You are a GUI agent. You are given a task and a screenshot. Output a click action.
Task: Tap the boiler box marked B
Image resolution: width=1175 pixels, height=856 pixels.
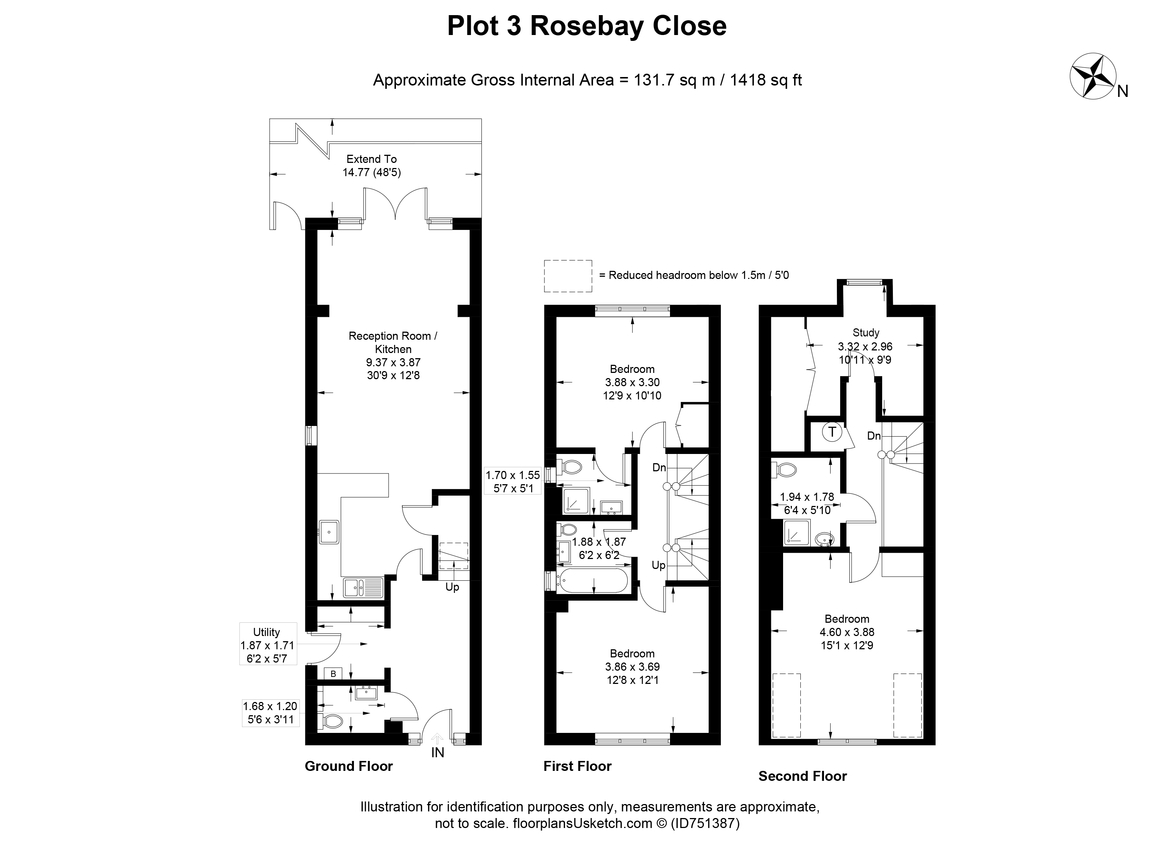[x=333, y=674]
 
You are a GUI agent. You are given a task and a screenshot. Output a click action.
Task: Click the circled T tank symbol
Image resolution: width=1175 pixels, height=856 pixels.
[x=832, y=432]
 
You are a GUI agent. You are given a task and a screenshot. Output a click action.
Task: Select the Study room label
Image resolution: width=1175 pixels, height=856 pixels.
[x=866, y=333]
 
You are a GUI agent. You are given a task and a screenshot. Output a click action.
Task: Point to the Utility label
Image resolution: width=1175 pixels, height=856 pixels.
[x=266, y=632]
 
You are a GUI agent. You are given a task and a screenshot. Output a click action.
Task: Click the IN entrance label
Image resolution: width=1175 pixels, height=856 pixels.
[x=438, y=753]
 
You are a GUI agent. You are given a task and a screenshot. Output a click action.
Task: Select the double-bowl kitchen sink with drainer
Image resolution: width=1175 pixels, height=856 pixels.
[x=363, y=588]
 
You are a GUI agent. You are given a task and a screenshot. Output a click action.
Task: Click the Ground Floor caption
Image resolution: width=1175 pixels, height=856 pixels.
[x=349, y=766]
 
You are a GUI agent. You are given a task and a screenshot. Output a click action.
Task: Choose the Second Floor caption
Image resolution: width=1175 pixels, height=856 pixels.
[x=803, y=776]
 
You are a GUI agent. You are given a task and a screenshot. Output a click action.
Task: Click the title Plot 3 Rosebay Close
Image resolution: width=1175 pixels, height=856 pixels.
[x=587, y=26]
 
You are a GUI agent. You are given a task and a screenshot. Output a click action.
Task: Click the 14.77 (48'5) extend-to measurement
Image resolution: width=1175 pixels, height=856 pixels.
[x=371, y=172]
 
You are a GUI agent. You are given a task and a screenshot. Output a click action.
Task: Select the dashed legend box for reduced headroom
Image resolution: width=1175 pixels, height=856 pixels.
[x=568, y=276]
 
